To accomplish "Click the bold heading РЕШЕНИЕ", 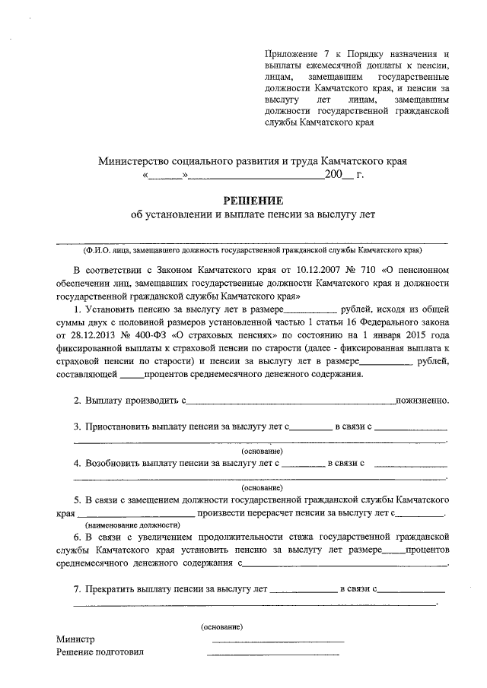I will coord(252,201).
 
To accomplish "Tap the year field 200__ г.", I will coord(344,176).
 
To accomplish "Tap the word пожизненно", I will coord(422,400).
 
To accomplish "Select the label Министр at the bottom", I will coord(74,639).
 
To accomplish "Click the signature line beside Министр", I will coord(277,642).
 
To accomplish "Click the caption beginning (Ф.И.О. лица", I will coord(252,250).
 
